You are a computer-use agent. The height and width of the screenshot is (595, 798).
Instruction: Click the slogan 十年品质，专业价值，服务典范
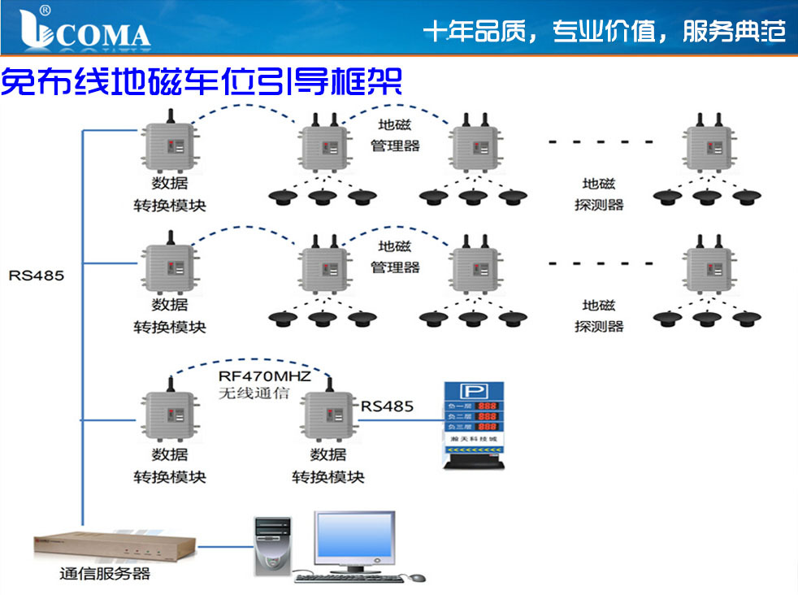point(605,32)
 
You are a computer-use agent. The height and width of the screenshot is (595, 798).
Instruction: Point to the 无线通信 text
point(254,394)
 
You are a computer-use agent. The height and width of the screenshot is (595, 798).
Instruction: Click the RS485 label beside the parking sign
point(387,406)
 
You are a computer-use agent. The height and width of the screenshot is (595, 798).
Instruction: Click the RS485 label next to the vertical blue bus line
point(37,276)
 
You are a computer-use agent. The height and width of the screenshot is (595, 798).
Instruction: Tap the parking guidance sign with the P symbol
point(473,424)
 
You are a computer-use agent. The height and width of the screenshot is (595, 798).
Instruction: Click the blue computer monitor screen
point(355,541)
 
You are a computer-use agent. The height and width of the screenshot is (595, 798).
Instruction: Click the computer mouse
point(418,577)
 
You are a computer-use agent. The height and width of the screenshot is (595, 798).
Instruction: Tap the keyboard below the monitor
point(349,577)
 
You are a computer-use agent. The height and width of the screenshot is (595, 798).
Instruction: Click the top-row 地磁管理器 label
point(395,136)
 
